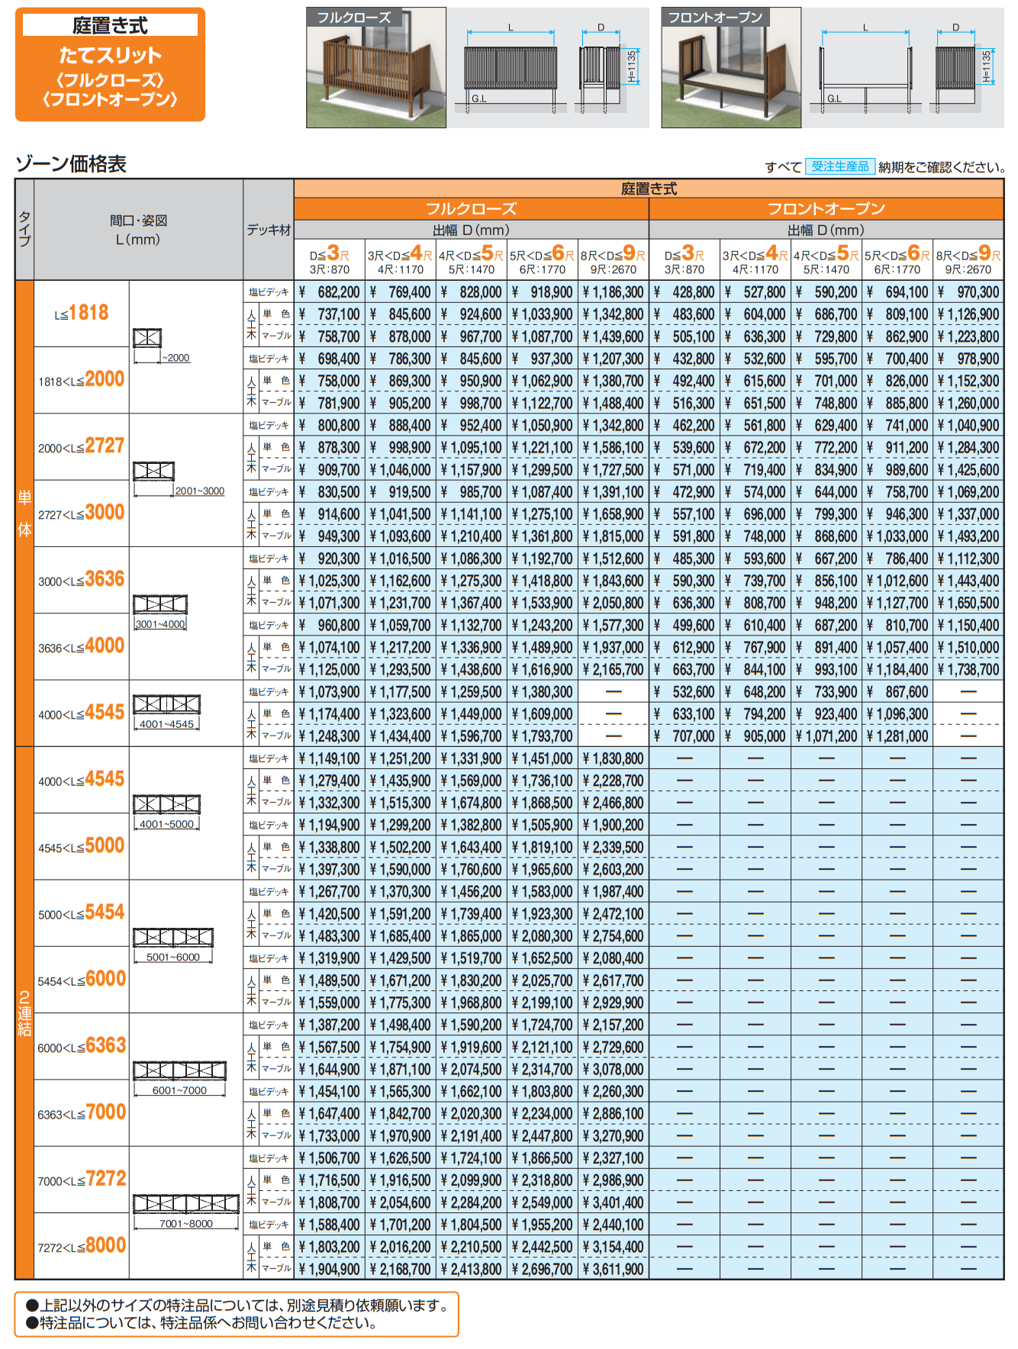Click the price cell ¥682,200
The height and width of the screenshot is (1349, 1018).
coord(329,292)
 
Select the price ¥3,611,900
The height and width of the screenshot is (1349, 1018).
coord(614,1269)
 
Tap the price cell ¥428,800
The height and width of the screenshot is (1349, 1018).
coord(685,292)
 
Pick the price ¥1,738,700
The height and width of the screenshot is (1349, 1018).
coord(968,669)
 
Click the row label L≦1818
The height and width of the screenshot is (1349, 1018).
coord(81,313)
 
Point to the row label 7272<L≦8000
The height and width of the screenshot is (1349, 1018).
coord(82,1246)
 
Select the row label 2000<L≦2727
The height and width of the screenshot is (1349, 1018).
coord(81,446)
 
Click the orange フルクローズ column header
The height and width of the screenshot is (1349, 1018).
coord(471,209)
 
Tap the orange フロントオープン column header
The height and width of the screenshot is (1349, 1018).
coord(826,209)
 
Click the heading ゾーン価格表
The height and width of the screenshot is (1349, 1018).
coord(71,164)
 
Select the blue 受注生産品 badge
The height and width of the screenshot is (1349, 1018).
coord(839,166)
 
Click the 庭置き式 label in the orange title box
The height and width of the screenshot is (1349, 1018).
coord(110,25)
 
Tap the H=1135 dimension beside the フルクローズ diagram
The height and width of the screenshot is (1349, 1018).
coord(631,66)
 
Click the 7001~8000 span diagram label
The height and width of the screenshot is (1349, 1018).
coord(186,1224)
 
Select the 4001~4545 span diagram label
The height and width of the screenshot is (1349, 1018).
coord(166,724)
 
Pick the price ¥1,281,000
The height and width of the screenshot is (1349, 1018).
coord(897,736)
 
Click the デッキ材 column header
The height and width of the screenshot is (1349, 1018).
coord(269,230)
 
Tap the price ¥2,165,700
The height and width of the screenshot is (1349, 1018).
coord(614,669)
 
